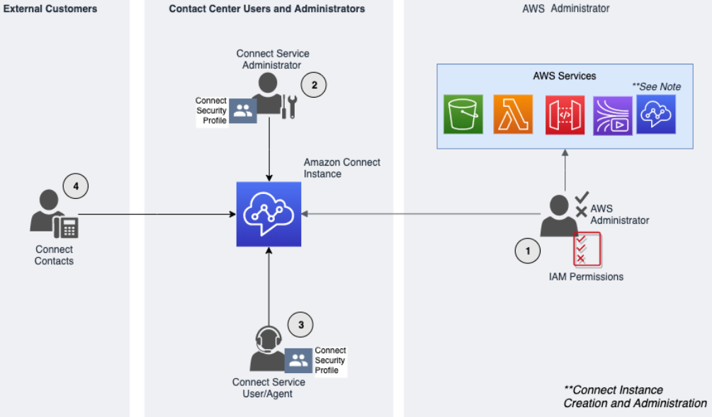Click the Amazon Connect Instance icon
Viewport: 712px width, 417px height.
click(x=269, y=214)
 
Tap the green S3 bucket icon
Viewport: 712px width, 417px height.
click(x=463, y=114)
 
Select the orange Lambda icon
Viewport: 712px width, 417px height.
click(x=512, y=114)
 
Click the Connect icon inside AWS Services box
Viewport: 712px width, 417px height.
click(x=656, y=115)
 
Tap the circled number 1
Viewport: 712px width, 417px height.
click(x=526, y=250)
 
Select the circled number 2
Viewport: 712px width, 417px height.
click(x=314, y=85)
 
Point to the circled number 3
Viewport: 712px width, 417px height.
click(x=300, y=324)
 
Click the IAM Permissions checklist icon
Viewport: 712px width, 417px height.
click(x=587, y=249)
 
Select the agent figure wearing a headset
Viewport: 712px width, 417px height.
click(x=267, y=348)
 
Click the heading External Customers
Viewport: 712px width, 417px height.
click(x=50, y=9)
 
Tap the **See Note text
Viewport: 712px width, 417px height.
click(x=656, y=86)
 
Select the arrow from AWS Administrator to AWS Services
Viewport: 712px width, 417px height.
click(x=565, y=170)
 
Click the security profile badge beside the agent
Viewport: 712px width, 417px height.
click(x=298, y=360)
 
